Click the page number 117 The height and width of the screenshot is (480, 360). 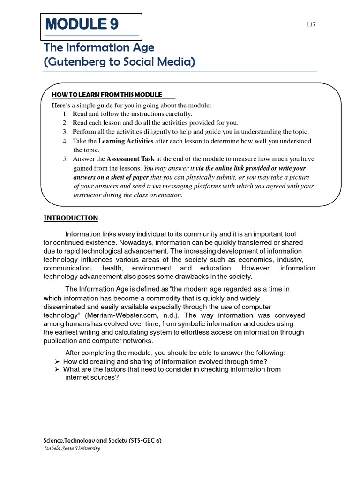(x=311, y=24)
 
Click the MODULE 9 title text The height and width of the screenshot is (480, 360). (x=82, y=24)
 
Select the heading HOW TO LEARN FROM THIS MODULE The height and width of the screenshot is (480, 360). (x=107, y=95)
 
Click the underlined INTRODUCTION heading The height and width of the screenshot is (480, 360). (x=71, y=217)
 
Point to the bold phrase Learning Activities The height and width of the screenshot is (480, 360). (x=126, y=141)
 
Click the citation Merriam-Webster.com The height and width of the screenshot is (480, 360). (x=125, y=315)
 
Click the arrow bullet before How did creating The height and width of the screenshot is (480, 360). (x=56, y=361)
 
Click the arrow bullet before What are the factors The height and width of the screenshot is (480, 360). (x=56, y=369)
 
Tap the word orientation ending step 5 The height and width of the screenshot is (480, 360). (x=165, y=195)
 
